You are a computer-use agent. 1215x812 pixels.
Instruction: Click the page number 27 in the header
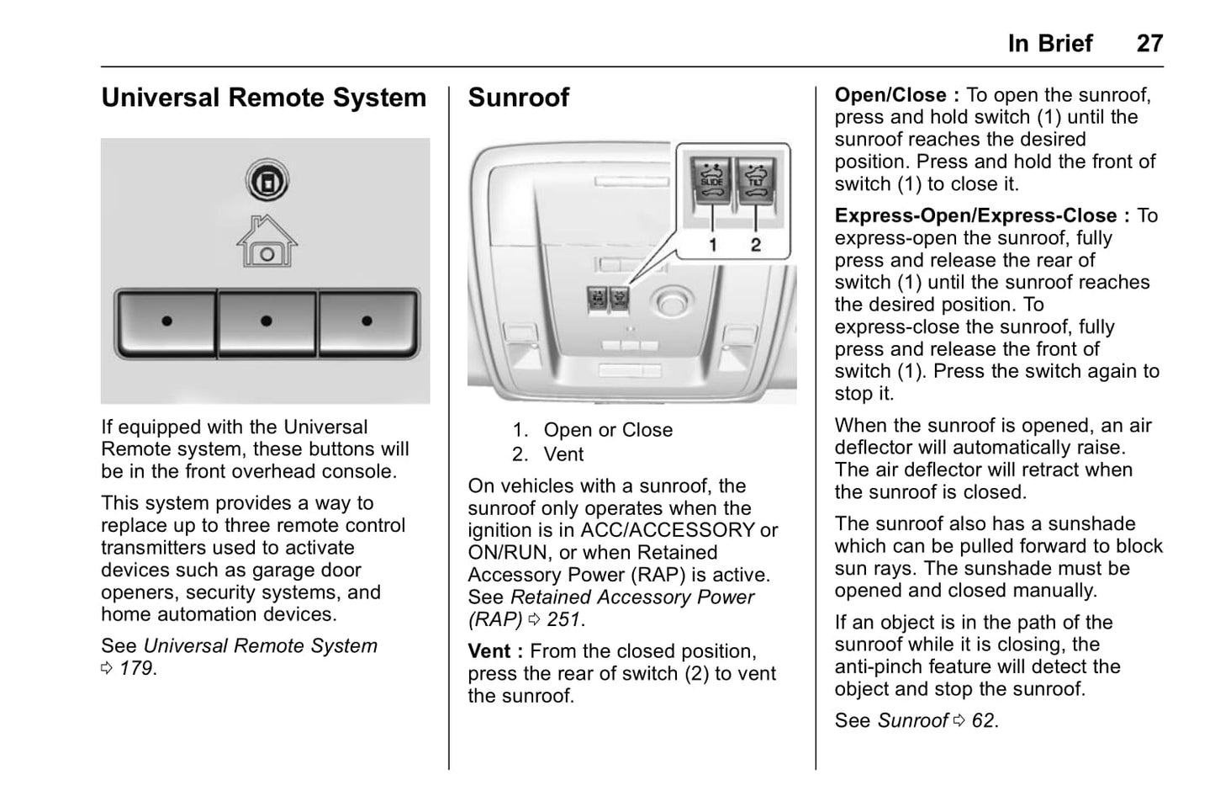tap(1149, 44)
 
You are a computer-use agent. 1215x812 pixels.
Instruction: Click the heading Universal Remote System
tap(264, 98)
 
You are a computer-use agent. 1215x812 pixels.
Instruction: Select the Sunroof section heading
tap(519, 98)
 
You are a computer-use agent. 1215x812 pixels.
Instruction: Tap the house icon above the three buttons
tap(267, 241)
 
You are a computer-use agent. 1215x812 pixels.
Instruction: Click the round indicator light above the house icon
tap(267, 180)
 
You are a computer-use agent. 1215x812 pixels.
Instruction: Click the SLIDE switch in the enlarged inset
tap(711, 181)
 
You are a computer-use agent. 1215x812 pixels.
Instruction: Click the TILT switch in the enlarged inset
tap(756, 181)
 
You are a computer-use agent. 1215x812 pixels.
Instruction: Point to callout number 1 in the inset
tap(713, 245)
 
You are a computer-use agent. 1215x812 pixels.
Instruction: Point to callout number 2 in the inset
tap(756, 245)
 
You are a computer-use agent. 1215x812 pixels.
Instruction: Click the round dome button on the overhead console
tap(673, 303)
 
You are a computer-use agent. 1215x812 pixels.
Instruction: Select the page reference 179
tap(137, 668)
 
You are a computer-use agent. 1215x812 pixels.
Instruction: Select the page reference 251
tap(564, 619)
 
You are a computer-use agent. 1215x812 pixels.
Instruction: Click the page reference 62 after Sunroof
tap(983, 721)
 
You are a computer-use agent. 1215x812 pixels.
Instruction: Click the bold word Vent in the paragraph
tap(489, 651)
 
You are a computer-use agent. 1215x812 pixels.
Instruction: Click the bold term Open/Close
tap(890, 95)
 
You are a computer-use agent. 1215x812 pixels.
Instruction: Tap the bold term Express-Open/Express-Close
tap(975, 215)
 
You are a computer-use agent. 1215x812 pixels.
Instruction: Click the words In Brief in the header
tap(1050, 44)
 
